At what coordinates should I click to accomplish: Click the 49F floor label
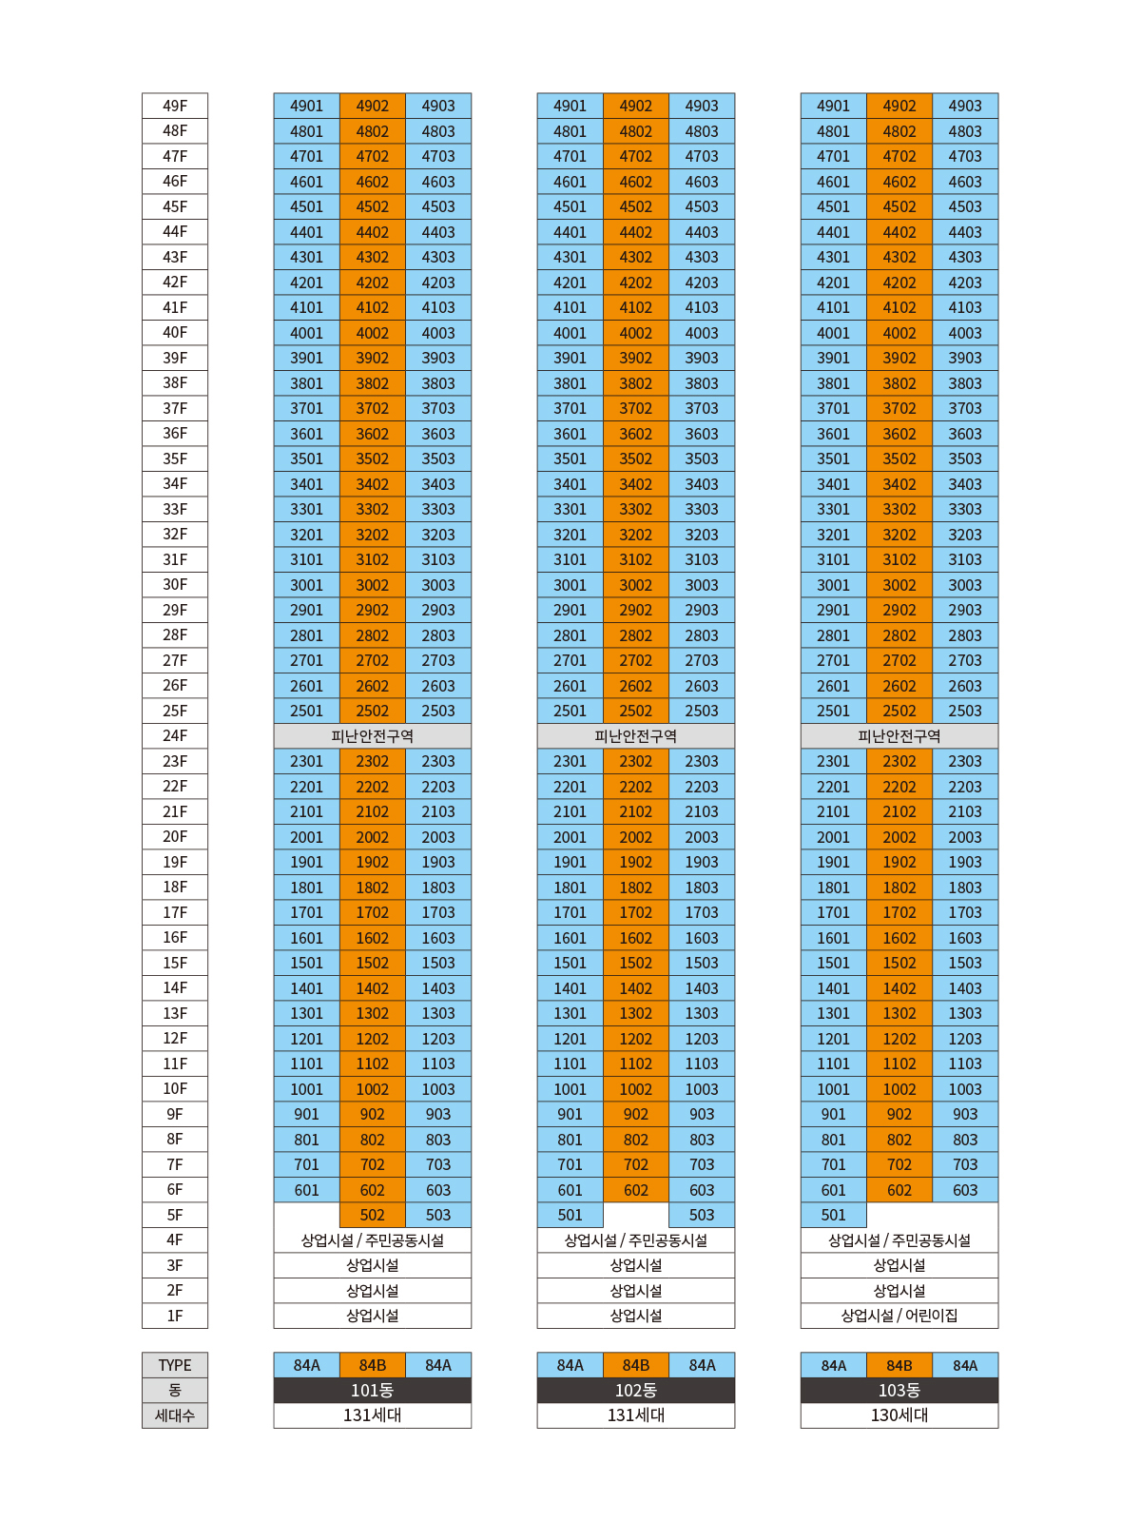click(175, 106)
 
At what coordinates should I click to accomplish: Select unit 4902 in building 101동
click(373, 106)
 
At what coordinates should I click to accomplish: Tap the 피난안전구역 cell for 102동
click(635, 736)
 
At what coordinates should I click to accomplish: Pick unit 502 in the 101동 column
click(373, 1215)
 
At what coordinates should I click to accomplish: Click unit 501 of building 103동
click(833, 1215)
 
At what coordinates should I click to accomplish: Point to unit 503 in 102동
click(702, 1215)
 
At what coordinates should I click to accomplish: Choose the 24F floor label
click(175, 736)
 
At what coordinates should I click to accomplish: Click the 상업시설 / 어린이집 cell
click(899, 1316)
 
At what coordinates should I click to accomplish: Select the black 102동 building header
click(635, 1391)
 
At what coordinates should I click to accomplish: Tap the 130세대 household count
click(899, 1415)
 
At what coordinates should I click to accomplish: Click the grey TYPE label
click(175, 1365)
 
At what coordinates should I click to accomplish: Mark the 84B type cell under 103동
click(899, 1365)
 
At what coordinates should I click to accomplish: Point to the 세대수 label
click(175, 1415)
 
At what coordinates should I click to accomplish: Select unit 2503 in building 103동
click(965, 711)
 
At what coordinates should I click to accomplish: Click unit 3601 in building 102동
click(570, 434)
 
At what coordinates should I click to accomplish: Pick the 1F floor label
click(175, 1316)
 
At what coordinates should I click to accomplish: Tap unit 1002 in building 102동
click(635, 1089)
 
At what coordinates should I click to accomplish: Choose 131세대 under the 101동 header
click(373, 1415)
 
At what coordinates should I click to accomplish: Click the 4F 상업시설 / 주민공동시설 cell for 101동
click(373, 1240)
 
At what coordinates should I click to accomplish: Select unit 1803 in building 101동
click(438, 888)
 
